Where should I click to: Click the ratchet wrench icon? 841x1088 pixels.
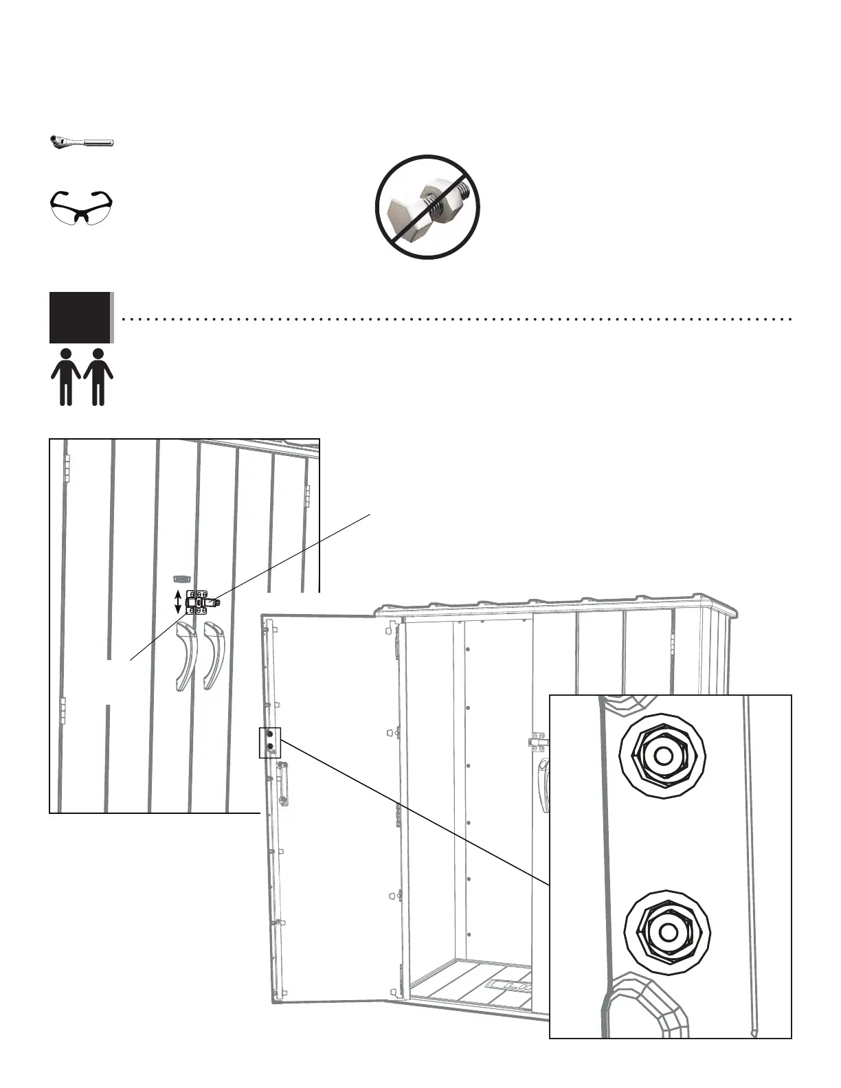pyautogui.click(x=82, y=142)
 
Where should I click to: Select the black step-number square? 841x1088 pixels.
pyautogui.click(x=80, y=317)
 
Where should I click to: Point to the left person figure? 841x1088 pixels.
pyautogui.click(x=66, y=376)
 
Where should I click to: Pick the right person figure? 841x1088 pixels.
pyautogui.click(x=98, y=376)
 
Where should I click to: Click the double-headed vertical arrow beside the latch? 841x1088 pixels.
pyautogui.click(x=178, y=602)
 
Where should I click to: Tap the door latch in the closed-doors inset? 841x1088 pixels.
pyautogui.click(x=202, y=602)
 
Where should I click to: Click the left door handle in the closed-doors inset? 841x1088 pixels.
pyautogui.click(x=186, y=656)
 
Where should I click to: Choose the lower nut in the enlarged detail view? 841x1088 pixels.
pyautogui.click(x=666, y=933)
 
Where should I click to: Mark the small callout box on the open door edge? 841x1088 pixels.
pyautogui.click(x=270, y=742)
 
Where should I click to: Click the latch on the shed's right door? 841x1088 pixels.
pyautogui.click(x=539, y=743)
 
